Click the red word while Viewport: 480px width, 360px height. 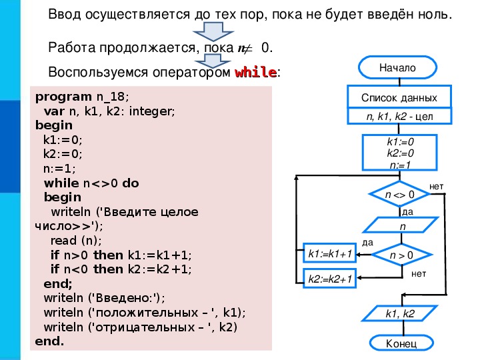point(255,72)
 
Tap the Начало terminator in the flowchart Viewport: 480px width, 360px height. point(397,67)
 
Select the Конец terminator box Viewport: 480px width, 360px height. point(401,343)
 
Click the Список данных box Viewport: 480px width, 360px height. point(399,97)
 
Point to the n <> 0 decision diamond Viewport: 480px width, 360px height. point(400,194)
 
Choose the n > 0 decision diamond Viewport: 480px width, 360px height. point(401,255)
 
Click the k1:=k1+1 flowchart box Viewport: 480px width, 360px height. point(330,253)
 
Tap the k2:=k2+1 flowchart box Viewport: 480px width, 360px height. point(330,278)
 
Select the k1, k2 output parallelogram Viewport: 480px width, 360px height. point(400,313)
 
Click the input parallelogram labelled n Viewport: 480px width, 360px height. point(401,226)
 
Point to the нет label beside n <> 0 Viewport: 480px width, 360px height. point(436,187)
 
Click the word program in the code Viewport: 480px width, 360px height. point(63,97)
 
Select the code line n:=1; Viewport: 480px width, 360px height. point(59,169)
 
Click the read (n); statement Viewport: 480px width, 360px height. point(76,241)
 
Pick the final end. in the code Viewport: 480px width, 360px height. point(49,341)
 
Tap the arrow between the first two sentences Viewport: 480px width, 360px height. point(213,31)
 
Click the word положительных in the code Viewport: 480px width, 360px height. point(147,313)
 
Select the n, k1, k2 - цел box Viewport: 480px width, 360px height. point(399,116)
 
